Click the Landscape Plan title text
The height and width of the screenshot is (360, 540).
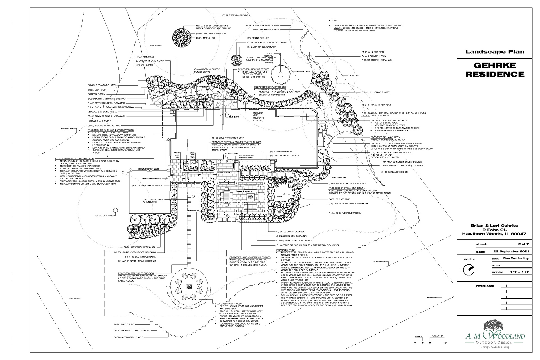(x=495, y=52)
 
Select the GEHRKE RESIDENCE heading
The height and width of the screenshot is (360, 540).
(x=495, y=70)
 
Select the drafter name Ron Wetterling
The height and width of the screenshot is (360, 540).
(x=516, y=258)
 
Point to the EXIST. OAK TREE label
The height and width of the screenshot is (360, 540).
(x=104, y=215)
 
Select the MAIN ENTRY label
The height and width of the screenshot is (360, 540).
(x=234, y=117)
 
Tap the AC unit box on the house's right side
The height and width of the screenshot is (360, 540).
(x=323, y=127)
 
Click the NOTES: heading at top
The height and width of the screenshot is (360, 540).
(x=333, y=21)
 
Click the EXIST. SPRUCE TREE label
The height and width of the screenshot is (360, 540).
(x=339, y=199)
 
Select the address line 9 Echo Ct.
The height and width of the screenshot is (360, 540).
(x=494, y=229)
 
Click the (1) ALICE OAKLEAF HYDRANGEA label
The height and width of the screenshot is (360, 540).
(x=345, y=213)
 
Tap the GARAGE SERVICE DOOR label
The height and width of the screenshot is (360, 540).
(x=152, y=179)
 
